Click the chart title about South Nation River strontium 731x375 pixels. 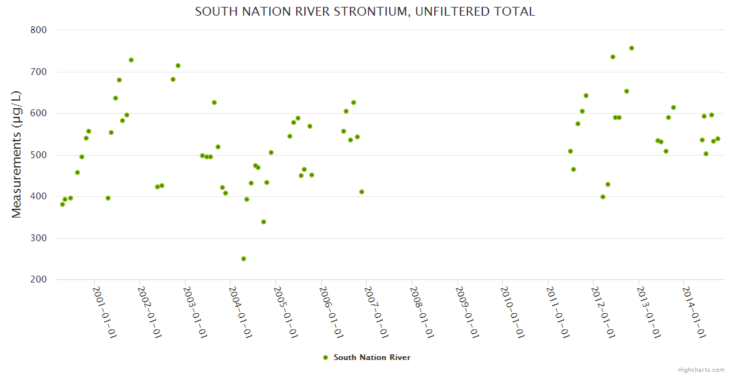pyautogui.click(x=365, y=12)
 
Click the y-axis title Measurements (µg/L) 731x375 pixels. pyautogui.click(x=17, y=154)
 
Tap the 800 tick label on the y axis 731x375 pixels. pyautogui.click(x=39, y=29)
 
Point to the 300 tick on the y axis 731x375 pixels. pyautogui.click(x=39, y=238)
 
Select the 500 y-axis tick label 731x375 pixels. pyautogui.click(x=39, y=155)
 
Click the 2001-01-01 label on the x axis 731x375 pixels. pyautogui.click(x=104, y=312)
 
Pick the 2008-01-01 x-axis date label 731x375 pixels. pyautogui.click(x=422, y=312)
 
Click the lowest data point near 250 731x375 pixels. pyautogui.click(x=244, y=259)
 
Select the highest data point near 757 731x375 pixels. pyautogui.click(x=632, y=48)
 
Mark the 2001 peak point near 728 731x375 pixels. pyautogui.click(x=131, y=60)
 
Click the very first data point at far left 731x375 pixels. pyautogui.click(x=62, y=204)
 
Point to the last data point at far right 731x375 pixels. pyautogui.click(x=718, y=139)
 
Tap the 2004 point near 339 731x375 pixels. pyautogui.click(x=264, y=222)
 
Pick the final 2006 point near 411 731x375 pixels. pyautogui.click(x=362, y=192)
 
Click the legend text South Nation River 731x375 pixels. pyautogui.click(x=372, y=357)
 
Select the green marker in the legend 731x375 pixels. pyautogui.click(x=325, y=357)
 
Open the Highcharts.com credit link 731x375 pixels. pyautogui.click(x=701, y=369)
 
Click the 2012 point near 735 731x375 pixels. pyautogui.click(x=613, y=57)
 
